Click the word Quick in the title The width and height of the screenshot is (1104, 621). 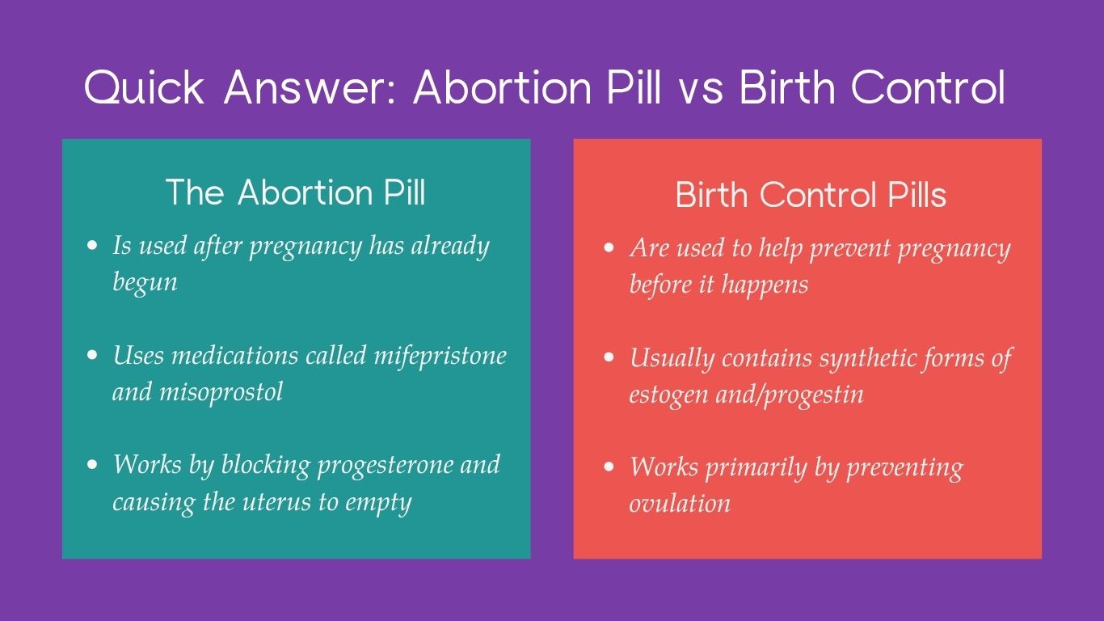tap(144, 88)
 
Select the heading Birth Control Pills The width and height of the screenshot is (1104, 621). tap(811, 194)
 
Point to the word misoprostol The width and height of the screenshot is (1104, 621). tap(221, 393)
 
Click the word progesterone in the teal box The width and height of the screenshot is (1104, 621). tap(385, 466)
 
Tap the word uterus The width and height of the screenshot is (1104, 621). tap(276, 502)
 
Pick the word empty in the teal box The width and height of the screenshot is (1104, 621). tap(378, 504)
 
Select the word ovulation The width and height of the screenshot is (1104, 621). tap(681, 504)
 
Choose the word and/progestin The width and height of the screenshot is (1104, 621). tap(790, 395)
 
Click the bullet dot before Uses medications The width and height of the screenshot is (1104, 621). tap(92, 355)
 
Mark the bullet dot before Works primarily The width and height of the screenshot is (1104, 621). tap(609, 466)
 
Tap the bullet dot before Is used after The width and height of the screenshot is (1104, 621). tap(92, 245)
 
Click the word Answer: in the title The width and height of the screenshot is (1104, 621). tap(310, 88)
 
